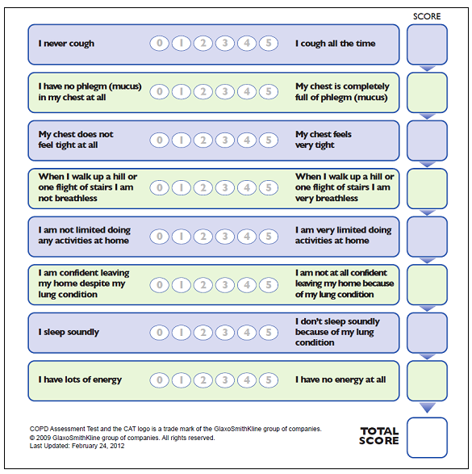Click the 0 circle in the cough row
click(x=160, y=44)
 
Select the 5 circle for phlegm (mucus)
click(x=269, y=91)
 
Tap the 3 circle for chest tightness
click(x=225, y=140)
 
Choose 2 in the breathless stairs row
click(x=203, y=188)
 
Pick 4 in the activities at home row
click(x=247, y=236)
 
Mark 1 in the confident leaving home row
click(x=182, y=284)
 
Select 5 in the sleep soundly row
click(x=269, y=332)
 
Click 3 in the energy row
click(x=225, y=380)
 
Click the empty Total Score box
click(x=427, y=437)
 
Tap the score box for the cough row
click(x=427, y=44)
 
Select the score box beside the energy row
click(x=427, y=380)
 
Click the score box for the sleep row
click(x=427, y=333)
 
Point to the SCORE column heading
click(x=427, y=16)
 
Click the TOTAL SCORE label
click(x=379, y=436)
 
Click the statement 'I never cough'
click(x=66, y=44)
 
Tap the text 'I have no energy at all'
click(x=340, y=380)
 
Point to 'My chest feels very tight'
click(x=324, y=140)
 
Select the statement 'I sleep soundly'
click(x=69, y=332)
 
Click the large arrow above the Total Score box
click(x=427, y=408)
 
